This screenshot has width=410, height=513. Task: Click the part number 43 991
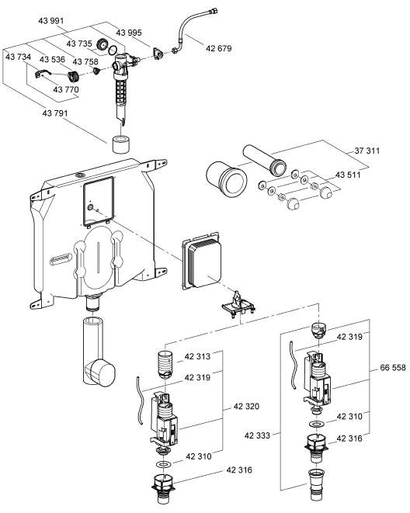click(x=51, y=21)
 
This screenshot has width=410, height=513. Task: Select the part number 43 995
click(x=129, y=33)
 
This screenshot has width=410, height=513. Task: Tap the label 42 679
click(x=218, y=48)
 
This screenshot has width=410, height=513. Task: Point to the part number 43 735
click(x=79, y=43)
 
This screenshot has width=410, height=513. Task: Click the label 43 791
click(x=55, y=113)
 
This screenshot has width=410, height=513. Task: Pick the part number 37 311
click(x=367, y=151)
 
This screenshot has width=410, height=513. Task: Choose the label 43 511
click(x=348, y=175)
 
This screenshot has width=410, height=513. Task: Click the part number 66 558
click(x=393, y=368)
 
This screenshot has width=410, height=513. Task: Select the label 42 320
click(x=246, y=407)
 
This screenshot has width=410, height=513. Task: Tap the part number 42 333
click(x=257, y=435)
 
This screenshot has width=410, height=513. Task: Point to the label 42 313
click(x=197, y=356)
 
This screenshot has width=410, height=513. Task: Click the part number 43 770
click(x=66, y=89)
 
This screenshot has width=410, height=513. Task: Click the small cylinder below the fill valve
click(x=121, y=144)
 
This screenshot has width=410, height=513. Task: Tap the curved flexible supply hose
click(x=194, y=27)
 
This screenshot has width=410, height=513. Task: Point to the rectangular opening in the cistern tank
click(x=99, y=201)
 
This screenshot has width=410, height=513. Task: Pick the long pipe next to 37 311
click(x=265, y=159)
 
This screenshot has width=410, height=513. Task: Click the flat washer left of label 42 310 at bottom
click(x=162, y=464)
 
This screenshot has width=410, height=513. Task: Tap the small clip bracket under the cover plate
click(x=238, y=305)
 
